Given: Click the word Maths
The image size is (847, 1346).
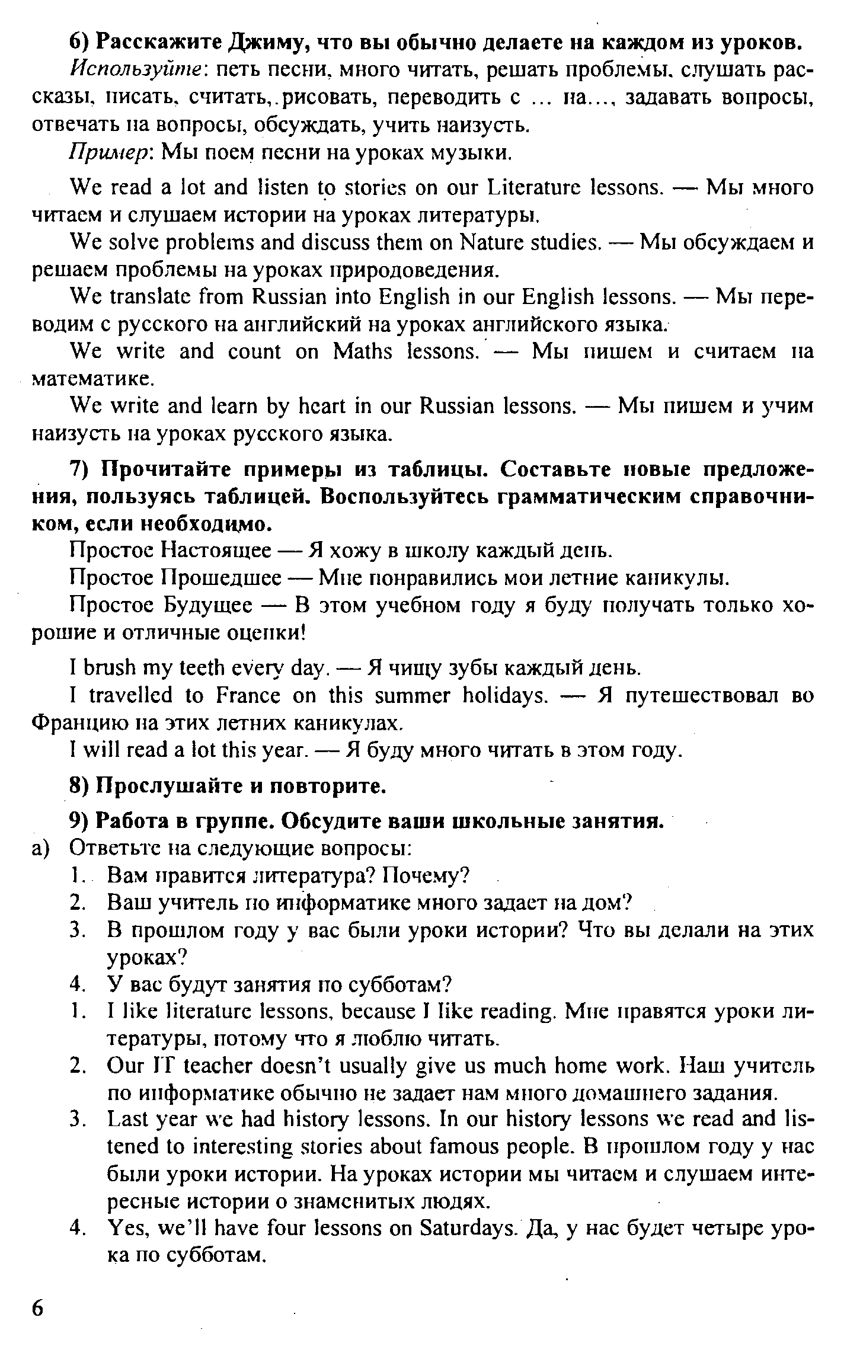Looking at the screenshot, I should tap(362, 351).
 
